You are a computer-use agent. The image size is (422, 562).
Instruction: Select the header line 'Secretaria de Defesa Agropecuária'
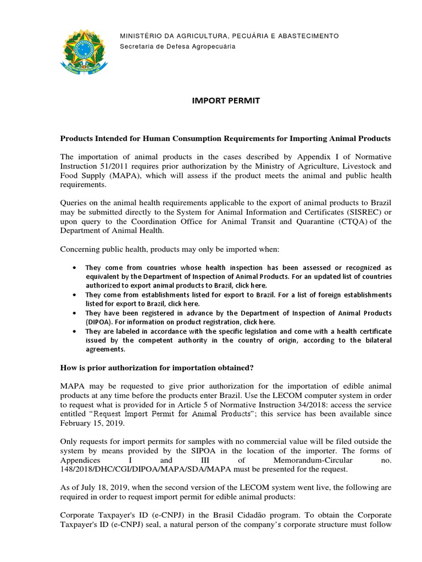point(177,46)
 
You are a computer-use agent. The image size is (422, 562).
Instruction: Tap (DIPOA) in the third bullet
point(99,322)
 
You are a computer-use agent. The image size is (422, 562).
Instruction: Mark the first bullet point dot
point(74,267)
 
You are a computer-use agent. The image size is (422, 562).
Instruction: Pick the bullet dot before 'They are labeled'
point(74,331)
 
